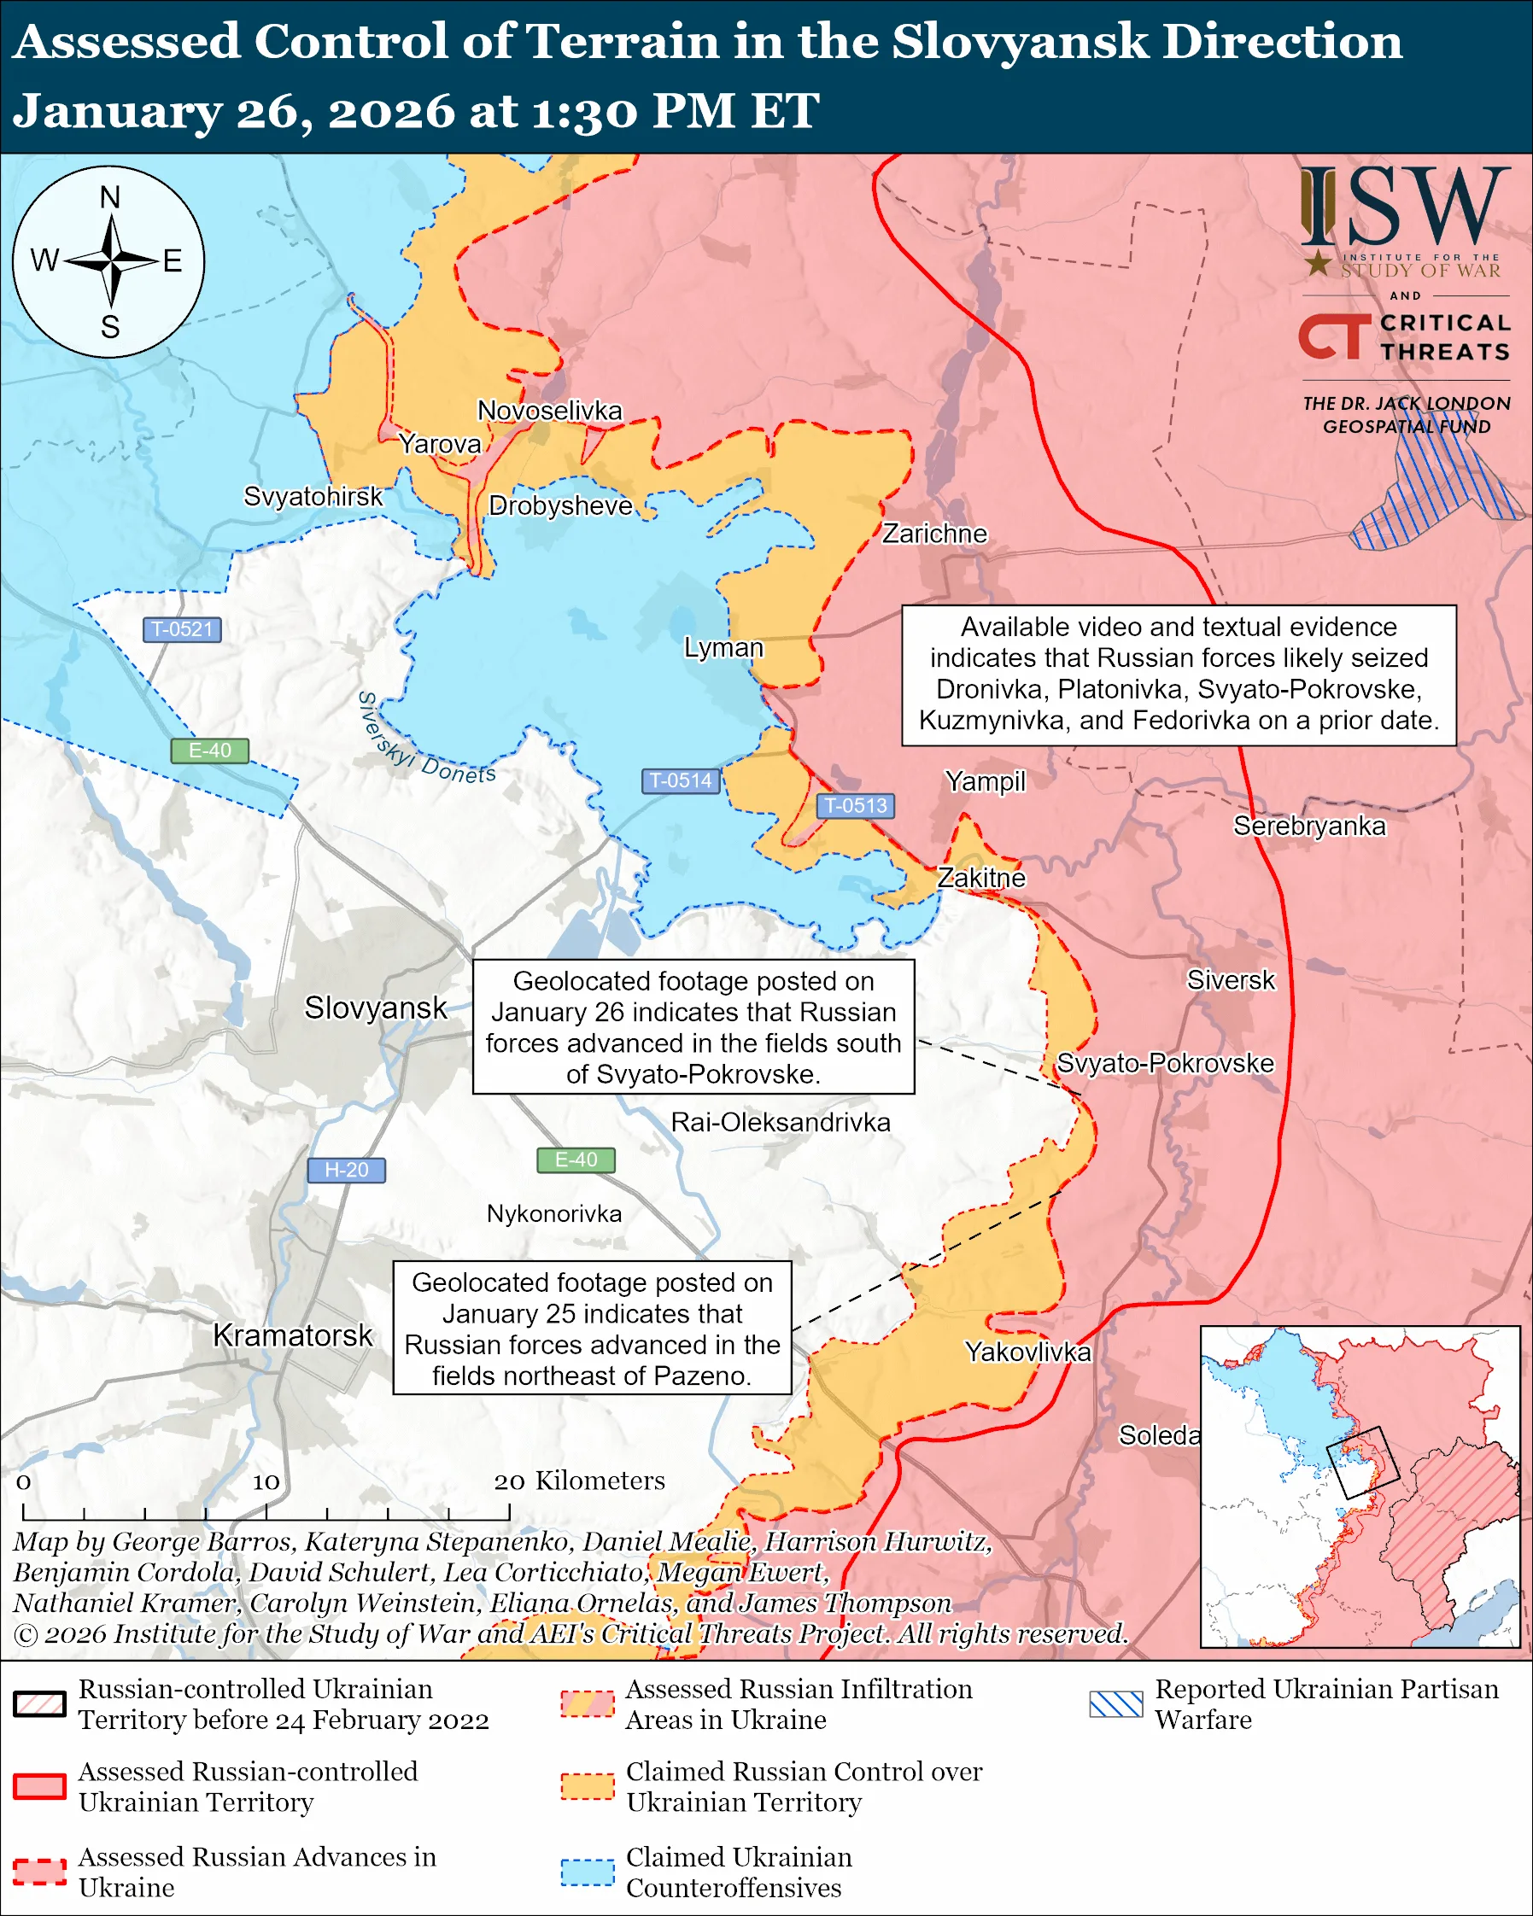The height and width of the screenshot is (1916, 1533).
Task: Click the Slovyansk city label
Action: coord(376,1008)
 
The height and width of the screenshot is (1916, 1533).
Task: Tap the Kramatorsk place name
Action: coord(292,1335)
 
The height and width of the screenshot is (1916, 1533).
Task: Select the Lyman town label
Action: coord(723,647)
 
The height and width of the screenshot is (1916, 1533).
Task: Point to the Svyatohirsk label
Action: coord(313,496)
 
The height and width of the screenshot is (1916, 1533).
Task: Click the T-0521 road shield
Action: coord(182,629)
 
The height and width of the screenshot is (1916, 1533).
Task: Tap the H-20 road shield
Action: coord(346,1170)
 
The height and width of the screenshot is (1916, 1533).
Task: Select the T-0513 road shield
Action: coord(855,805)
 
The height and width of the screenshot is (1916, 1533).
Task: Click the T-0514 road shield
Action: coord(681,780)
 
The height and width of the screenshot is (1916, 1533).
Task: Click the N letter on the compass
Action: coord(109,197)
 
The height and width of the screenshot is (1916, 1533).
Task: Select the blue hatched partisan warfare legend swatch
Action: coord(1116,1703)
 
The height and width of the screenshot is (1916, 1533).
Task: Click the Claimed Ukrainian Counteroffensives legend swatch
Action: coord(588,1872)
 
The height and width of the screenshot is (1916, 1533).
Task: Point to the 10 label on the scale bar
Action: coord(266,1481)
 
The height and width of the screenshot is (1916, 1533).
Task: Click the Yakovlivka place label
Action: coord(1028,1352)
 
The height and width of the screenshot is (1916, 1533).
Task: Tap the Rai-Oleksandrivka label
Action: coord(781,1122)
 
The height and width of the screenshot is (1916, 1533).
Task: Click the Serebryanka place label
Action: coord(1309,826)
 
